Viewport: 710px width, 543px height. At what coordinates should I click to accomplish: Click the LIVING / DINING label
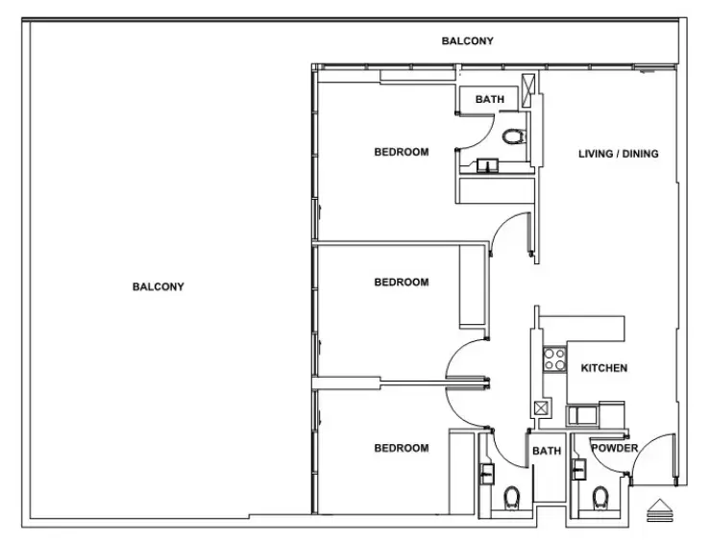point(618,154)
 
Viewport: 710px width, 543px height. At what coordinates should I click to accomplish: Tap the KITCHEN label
point(604,368)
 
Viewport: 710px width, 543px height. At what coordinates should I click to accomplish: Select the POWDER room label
point(615,448)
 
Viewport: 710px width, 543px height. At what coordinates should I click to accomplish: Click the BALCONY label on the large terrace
point(158,286)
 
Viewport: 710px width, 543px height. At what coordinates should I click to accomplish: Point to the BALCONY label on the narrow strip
point(467,40)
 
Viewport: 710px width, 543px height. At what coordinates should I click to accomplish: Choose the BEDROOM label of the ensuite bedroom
point(402,152)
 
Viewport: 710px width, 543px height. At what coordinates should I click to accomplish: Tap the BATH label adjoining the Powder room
point(547,451)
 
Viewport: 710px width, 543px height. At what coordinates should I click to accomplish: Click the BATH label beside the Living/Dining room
point(489,99)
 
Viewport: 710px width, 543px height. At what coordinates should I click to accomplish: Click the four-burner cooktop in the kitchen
point(554,359)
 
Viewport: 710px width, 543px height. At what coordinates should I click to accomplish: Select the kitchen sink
point(582,415)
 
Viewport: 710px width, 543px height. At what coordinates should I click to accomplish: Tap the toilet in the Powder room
point(600,498)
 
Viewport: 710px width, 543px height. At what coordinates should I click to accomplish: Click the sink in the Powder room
point(578,469)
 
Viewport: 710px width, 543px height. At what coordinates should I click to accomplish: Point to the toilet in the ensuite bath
point(514,136)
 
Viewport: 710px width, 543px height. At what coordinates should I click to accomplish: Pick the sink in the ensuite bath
point(487,165)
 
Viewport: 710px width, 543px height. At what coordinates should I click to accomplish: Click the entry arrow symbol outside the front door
point(660,510)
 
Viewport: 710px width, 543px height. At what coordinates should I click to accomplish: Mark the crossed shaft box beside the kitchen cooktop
point(542,408)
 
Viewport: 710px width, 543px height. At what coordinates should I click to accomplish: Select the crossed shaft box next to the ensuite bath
point(528,90)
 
